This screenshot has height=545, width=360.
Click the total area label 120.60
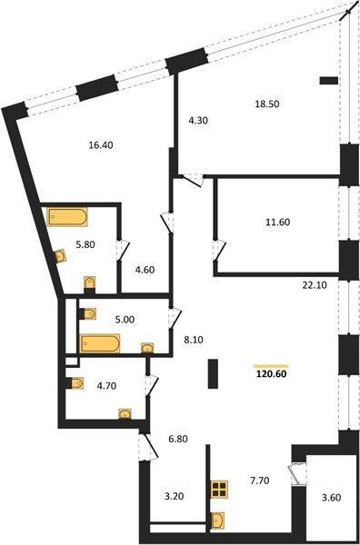click(271, 374)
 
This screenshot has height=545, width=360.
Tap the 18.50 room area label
click(267, 104)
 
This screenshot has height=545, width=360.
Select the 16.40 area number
click(101, 145)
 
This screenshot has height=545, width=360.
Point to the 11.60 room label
click(277, 222)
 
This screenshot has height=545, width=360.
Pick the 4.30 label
click(198, 121)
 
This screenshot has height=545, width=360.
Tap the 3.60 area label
click(331, 498)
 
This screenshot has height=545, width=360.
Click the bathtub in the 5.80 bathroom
click(66, 217)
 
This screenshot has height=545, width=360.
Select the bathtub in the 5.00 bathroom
click(100, 343)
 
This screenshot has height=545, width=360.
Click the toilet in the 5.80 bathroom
click(90, 282)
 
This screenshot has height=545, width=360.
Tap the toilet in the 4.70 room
click(75, 383)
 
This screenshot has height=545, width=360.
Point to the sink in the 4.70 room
click(125, 413)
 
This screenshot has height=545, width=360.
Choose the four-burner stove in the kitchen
click(219, 489)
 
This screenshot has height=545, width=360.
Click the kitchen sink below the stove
click(217, 520)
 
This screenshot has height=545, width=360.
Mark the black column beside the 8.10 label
click(213, 373)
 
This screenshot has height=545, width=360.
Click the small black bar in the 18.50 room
click(329, 81)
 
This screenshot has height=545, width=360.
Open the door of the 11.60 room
click(219, 251)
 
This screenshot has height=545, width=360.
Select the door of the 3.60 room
click(297, 473)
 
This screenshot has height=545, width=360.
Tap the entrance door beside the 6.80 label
click(148, 447)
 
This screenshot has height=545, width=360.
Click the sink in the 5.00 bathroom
click(147, 348)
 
